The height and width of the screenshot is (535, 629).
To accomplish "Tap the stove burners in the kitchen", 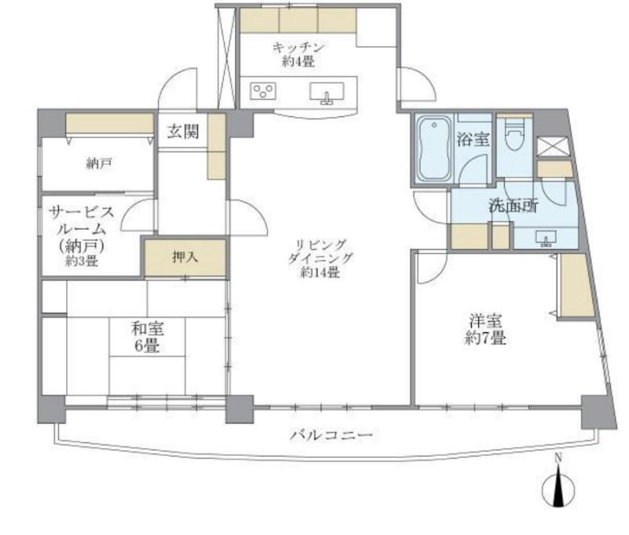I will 264,91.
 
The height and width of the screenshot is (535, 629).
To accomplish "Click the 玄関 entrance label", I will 182,132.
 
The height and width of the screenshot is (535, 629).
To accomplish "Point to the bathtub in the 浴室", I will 432,149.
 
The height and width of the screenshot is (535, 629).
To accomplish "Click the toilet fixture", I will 515,137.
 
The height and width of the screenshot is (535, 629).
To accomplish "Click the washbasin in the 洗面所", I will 545,237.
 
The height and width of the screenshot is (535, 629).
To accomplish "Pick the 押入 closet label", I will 185,258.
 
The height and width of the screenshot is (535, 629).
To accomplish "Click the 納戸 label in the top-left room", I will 99,164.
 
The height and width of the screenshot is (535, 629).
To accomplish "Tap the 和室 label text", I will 148,328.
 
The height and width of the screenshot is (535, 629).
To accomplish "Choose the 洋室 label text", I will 487,321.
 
